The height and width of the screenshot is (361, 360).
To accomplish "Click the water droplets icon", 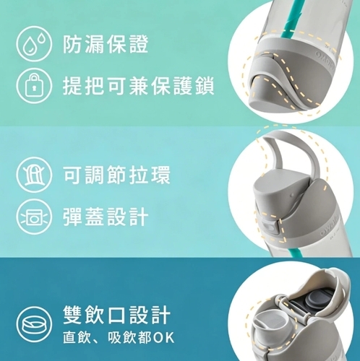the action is [x=34, y=44].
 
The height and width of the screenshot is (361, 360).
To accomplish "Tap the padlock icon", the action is [x=34, y=86].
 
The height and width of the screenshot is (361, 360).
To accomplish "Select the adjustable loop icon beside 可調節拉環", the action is [x=34, y=175].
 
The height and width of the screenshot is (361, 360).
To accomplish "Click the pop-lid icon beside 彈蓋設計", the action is [x=34, y=217].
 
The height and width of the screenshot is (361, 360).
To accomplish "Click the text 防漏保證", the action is [x=106, y=44].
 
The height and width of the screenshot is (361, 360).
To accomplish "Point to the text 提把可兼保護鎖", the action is [x=138, y=86].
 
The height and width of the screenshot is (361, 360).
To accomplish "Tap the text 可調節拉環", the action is [x=116, y=175].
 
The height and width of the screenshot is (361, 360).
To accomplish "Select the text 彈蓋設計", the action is [x=106, y=217].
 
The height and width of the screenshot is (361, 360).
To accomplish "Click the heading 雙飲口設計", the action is [x=116, y=315].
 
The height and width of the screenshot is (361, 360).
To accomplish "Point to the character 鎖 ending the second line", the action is [x=204, y=86].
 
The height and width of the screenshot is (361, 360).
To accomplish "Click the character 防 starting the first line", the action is [x=72, y=44].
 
